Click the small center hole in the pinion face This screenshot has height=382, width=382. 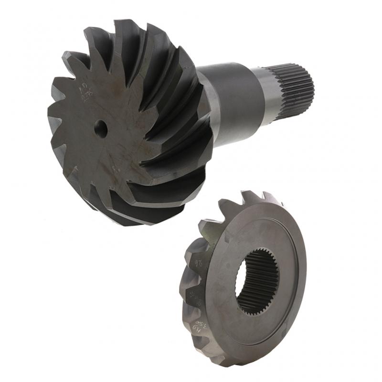coord(100,127)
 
